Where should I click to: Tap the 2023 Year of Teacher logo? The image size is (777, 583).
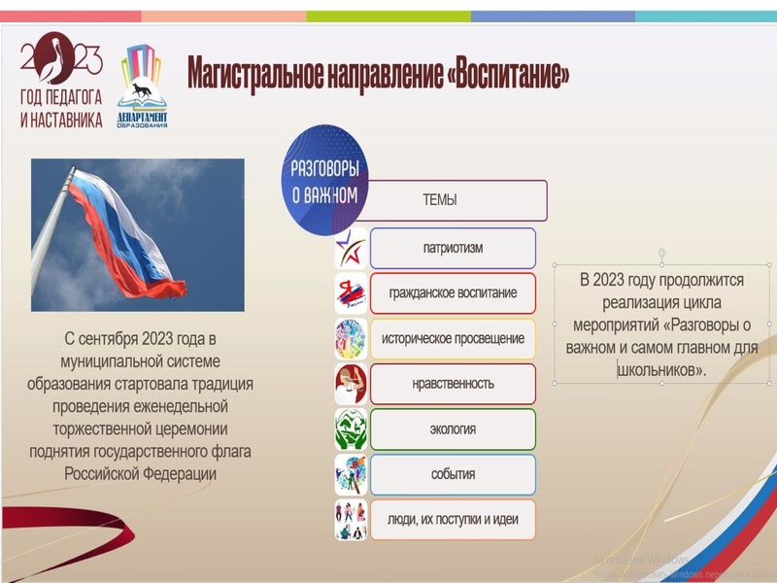pos(60,81)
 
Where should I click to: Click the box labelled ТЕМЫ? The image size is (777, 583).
pos(440,201)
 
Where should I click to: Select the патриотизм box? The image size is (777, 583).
pos(453,248)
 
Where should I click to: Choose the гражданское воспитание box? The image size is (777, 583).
pos(453,292)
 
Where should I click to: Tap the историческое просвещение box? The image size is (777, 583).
pos(453,338)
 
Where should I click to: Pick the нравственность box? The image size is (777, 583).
pos(453,384)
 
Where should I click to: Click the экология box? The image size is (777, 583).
pos(453,429)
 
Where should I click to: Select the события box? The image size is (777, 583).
pos(453,474)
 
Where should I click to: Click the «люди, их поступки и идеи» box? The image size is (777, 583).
pos(453,520)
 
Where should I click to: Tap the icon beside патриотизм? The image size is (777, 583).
pos(351,249)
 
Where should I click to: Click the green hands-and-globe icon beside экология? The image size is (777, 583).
pos(351,429)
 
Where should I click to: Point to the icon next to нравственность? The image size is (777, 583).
pos(351,384)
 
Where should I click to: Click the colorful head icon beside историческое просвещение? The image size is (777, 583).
pos(351,339)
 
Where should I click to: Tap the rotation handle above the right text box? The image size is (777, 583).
pos(660,252)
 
